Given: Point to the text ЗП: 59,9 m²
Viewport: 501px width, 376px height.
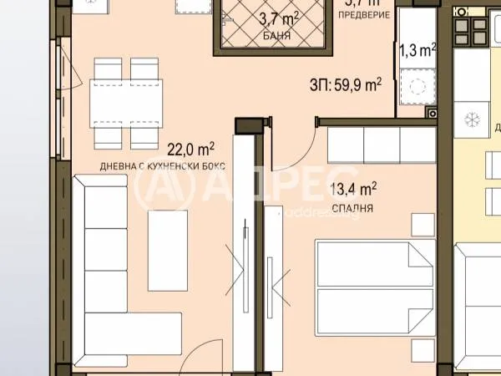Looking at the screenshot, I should [346, 84].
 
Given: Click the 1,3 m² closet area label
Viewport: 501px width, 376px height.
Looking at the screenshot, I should [418, 50].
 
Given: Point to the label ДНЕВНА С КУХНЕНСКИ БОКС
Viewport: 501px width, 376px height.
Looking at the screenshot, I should [163, 166].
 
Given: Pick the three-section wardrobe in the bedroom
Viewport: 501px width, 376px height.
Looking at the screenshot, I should [382, 145].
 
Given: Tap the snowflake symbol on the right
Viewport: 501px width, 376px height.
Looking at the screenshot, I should [473, 120].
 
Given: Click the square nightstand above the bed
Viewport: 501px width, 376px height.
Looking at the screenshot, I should [423, 224].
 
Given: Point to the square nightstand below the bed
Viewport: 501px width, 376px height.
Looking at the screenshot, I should [423, 347].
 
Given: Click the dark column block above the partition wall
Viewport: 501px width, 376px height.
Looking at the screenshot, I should [250, 124].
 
